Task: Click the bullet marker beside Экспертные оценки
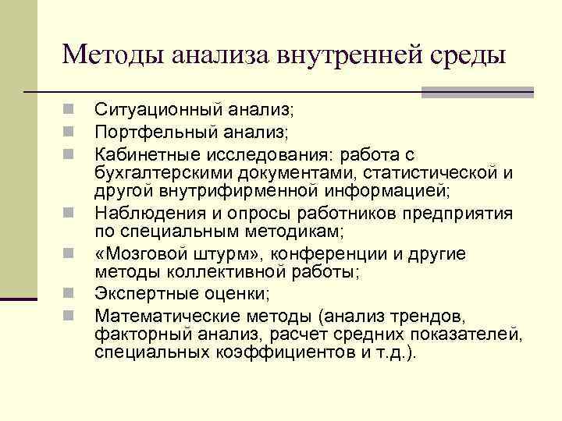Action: click(69, 293)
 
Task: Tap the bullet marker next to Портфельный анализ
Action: click(69, 131)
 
